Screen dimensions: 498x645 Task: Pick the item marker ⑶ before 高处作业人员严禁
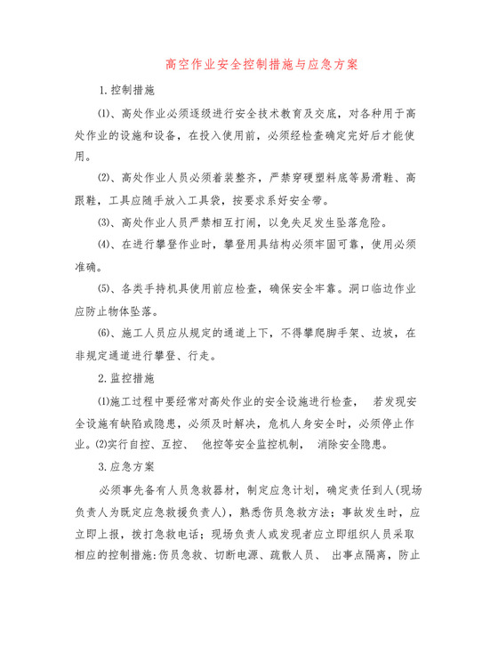103,222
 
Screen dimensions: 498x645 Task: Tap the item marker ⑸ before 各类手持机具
103,288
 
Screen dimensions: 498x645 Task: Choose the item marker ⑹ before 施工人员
103,335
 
